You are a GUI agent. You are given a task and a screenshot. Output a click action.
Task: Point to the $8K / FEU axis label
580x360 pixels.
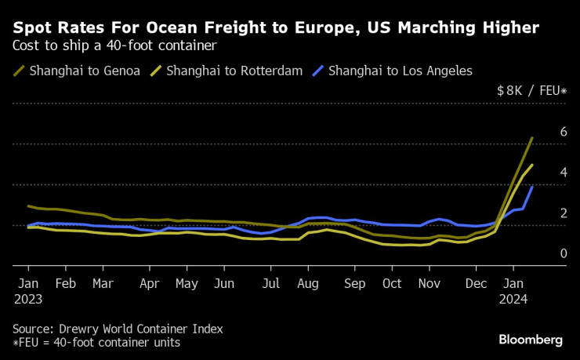531,90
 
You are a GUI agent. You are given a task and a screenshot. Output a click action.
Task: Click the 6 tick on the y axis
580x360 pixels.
563,132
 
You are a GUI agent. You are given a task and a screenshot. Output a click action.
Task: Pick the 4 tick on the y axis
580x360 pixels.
563,173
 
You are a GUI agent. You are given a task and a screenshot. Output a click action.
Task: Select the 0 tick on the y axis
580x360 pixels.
563,253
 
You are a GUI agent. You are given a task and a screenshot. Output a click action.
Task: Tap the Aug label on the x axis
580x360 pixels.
308,284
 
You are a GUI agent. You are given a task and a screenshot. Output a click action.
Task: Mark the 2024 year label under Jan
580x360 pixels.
514,299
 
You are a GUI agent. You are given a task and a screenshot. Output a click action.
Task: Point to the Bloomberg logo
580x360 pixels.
531,340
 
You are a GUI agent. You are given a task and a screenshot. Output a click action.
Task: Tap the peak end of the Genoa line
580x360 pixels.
533,138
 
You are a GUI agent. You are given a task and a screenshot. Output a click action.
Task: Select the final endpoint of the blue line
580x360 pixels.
533,187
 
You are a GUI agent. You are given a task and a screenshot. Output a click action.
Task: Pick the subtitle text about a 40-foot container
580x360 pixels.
114,45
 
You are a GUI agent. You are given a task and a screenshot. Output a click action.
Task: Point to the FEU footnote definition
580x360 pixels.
96,342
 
